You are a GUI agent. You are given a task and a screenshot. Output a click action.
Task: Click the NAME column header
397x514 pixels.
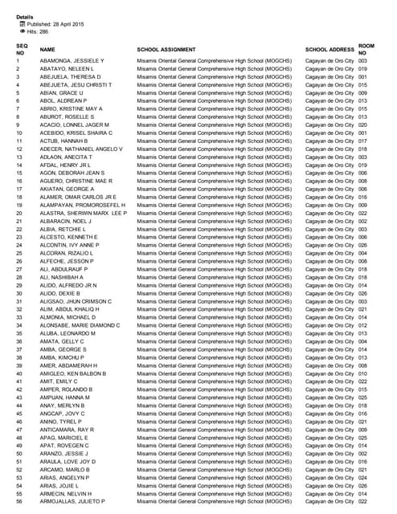pyautogui.click(x=47, y=50)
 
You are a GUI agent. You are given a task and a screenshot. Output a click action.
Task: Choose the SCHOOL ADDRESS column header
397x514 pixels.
pyautogui.click(x=329, y=50)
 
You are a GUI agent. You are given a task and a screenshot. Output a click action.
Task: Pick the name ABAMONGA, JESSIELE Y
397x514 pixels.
pyautogui.click(x=72, y=61)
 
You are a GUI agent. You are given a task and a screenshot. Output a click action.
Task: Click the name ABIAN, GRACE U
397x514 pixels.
pyautogui.click(x=61, y=92)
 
